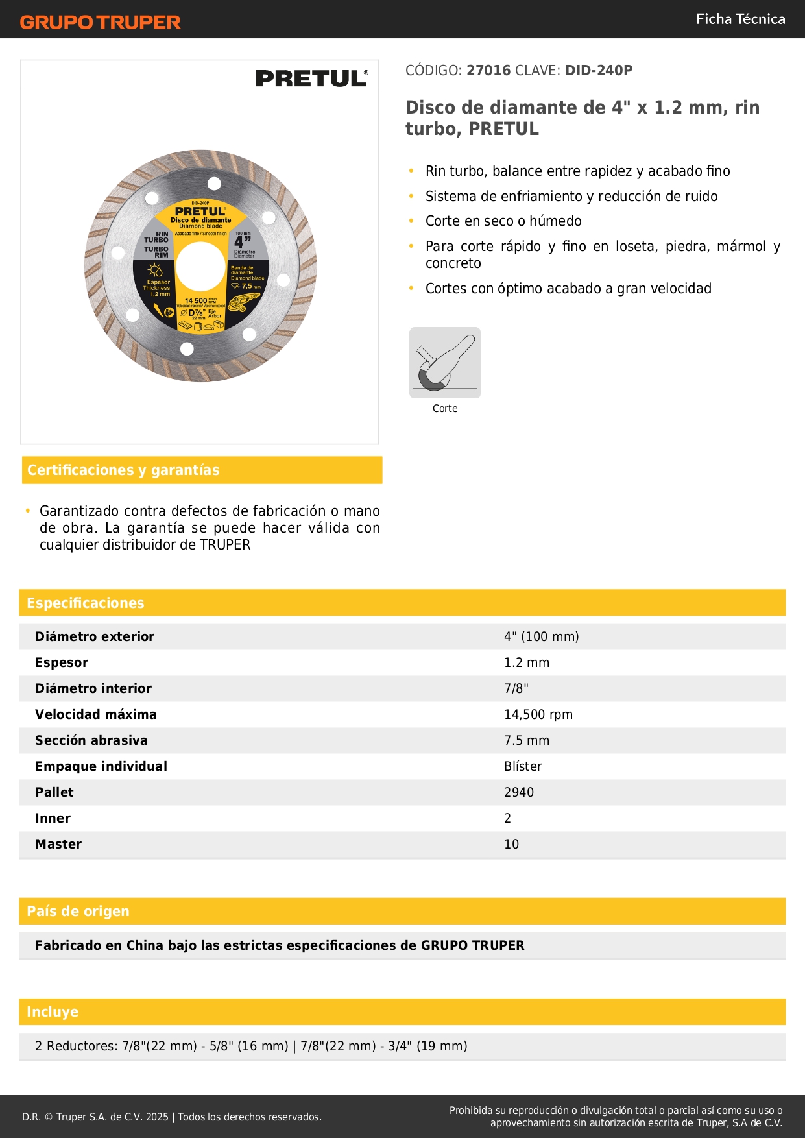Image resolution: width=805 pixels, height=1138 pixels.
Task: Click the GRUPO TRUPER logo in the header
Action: pos(100,22)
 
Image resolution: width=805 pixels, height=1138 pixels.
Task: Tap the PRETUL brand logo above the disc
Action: pos(311,79)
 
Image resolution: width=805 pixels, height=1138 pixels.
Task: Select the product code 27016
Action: pos(488,70)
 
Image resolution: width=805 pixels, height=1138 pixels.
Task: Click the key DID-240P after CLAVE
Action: pos(598,70)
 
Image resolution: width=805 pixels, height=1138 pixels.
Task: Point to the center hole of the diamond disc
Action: pos(200,266)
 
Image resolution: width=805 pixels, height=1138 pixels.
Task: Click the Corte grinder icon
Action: pos(445,363)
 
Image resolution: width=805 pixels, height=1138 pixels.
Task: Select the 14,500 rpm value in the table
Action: pos(538,714)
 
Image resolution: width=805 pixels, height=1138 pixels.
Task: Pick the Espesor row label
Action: pos(62,662)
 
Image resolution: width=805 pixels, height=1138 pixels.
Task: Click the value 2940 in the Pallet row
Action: pos(519,792)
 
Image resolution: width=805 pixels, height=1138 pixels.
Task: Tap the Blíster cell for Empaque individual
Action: pos(523,766)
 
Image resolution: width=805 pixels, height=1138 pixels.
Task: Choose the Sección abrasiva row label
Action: pos(91,740)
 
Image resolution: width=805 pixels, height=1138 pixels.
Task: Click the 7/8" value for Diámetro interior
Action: pos(516,688)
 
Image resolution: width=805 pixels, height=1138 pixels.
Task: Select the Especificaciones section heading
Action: pos(86,603)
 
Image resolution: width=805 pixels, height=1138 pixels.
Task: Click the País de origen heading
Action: pos(78,911)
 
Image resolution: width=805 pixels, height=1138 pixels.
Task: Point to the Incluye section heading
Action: pos(53,1011)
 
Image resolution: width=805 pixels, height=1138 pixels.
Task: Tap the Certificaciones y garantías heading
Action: pos(123,470)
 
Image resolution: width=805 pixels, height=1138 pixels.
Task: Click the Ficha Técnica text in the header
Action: pos(740,19)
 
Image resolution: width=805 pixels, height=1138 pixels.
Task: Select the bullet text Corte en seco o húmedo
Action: pos(503,221)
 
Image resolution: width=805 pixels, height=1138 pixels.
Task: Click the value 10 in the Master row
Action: pos(511,844)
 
